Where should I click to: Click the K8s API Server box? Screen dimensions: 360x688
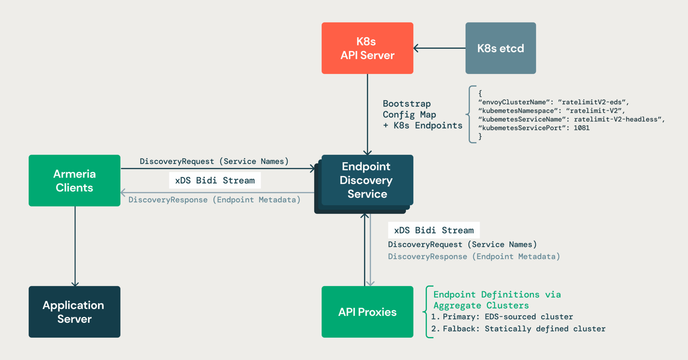coord(367,48)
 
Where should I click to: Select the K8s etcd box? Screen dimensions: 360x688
coord(500,48)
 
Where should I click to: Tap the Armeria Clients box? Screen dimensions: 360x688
coord(74,180)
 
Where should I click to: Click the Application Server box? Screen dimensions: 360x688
coord(74,312)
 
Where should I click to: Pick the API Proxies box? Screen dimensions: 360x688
coord(367,312)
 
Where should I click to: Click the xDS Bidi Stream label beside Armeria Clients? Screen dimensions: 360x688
coord(215,181)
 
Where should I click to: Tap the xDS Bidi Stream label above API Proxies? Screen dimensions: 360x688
coord(434,230)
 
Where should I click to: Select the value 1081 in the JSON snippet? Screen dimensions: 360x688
coord(582,128)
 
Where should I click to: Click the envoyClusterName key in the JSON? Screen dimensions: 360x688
coord(514,102)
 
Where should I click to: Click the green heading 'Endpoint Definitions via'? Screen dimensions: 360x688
coord(497,295)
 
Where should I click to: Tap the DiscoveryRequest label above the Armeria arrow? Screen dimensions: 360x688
coord(214,161)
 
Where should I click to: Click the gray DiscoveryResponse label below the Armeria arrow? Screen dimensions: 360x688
coord(214,200)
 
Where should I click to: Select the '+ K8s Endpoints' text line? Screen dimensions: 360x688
coord(422,126)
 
